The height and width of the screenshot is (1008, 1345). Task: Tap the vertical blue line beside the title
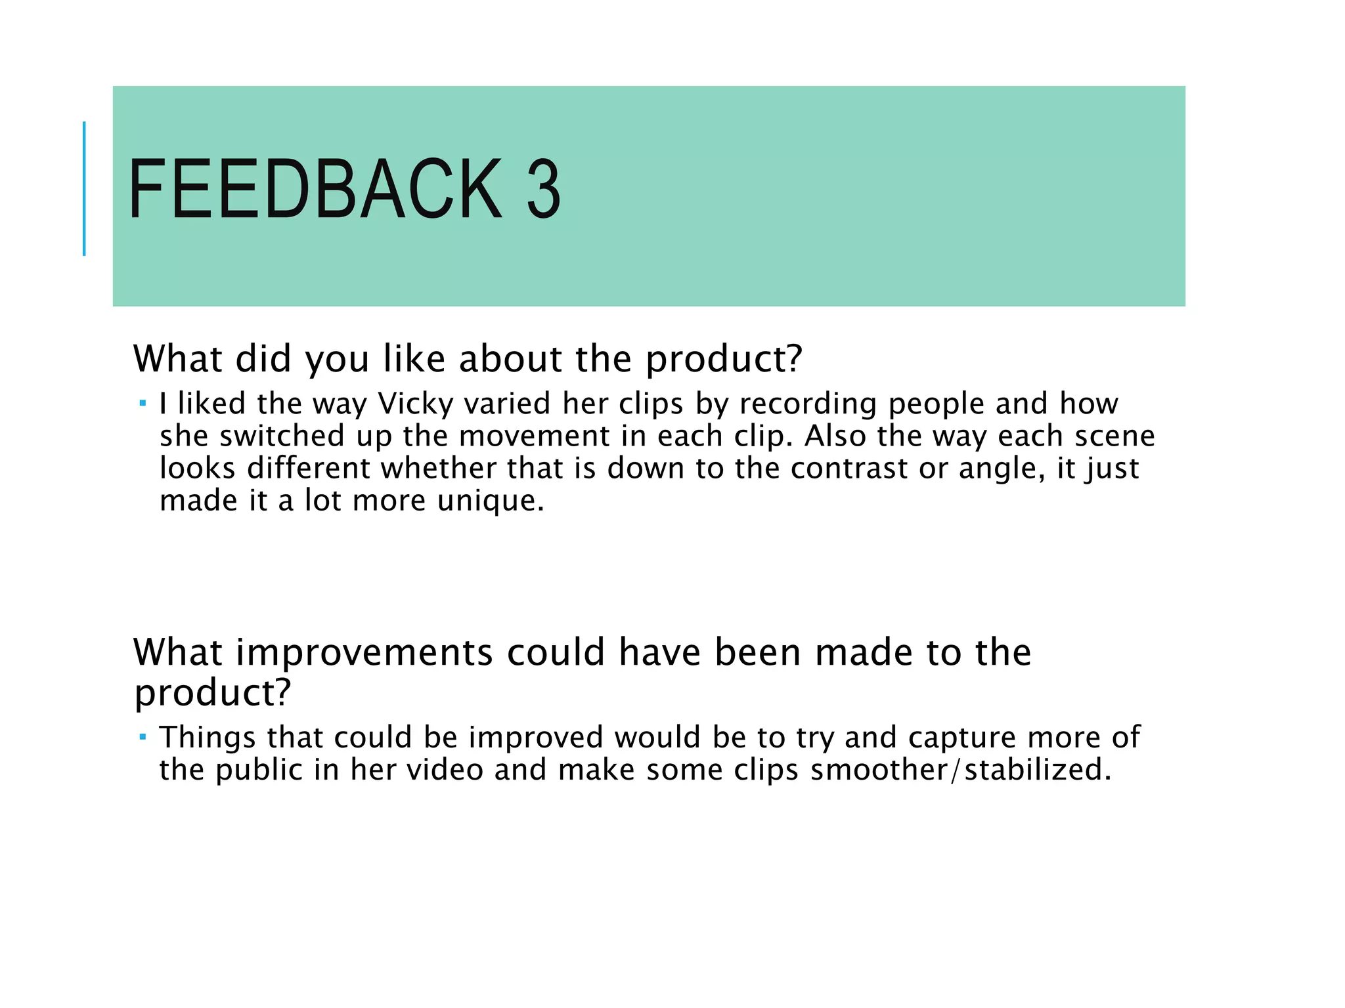pos(84,188)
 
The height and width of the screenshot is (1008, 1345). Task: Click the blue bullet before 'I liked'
pos(143,401)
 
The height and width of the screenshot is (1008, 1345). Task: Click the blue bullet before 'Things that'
pos(143,736)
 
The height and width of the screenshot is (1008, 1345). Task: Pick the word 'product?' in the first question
pos(724,360)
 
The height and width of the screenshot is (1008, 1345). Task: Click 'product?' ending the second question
pos(212,692)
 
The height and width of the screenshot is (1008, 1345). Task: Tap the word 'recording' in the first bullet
pos(808,404)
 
